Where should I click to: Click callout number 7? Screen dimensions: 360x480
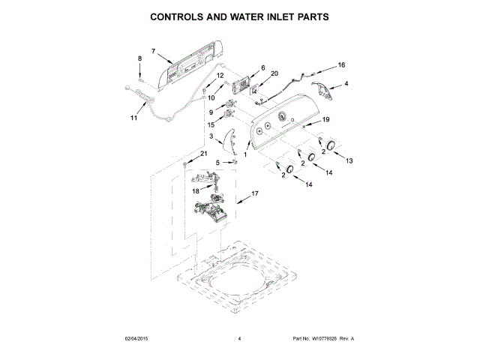point(153,51)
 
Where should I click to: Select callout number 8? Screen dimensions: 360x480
point(139,58)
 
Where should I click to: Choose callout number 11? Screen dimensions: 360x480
point(133,118)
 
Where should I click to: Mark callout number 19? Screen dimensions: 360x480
point(325,120)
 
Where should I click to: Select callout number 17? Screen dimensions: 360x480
point(254,193)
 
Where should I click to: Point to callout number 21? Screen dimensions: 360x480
point(202,153)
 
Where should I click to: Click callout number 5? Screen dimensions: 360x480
point(218,162)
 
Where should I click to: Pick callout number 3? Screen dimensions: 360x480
point(212,136)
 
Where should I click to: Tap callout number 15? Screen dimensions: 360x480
point(211,124)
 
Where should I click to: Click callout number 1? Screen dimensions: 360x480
point(245,154)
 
